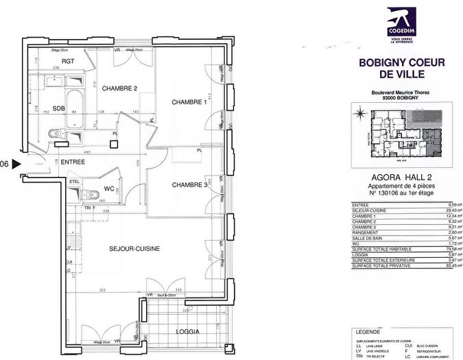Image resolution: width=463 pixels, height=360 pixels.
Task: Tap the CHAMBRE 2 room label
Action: coord(121,88)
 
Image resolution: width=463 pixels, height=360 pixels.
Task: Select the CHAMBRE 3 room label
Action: coord(189,184)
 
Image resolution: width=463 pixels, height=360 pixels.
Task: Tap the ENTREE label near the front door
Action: coord(73,162)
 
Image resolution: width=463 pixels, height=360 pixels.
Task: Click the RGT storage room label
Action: coord(49,61)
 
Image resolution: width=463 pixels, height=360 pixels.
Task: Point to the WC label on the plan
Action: coord(108,188)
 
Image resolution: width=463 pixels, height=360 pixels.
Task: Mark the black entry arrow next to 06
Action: coord(17,164)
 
